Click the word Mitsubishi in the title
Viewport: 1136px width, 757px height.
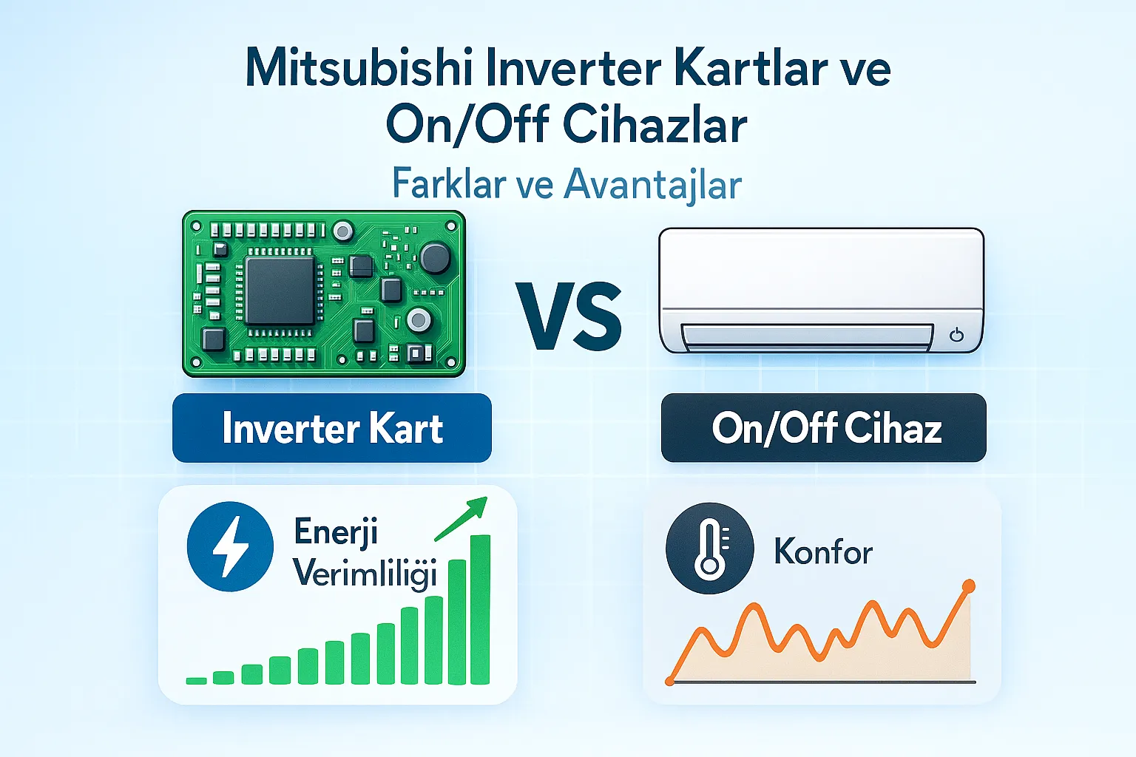point(359,68)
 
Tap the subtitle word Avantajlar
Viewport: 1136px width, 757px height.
point(652,184)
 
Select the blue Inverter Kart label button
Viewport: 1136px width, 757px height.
point(332,428)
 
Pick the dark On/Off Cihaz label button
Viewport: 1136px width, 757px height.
point(823,428)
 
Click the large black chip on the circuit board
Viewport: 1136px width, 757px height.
point(280,291)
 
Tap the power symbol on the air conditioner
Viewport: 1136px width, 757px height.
point(956,335)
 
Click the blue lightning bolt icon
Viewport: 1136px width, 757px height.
point(230,546)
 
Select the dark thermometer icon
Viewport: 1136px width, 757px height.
point(709,548)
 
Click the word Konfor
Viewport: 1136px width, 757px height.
point(823,551)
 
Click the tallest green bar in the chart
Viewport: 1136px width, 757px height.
point(480,609)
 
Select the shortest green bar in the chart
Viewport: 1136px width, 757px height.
point(196,680)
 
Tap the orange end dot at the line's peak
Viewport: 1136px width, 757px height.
point(968,587)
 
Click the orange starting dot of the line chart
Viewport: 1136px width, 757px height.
point(670,680)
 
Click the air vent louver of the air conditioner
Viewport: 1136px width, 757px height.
point(807,337)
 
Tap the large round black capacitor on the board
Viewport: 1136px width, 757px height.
point(435,258)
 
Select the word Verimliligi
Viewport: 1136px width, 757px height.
point(365,574)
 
